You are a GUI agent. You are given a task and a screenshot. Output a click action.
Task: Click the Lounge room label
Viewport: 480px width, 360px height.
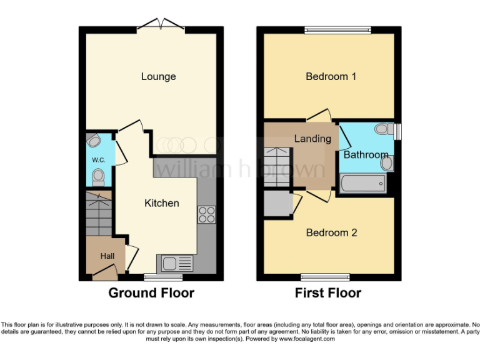coord(158,77)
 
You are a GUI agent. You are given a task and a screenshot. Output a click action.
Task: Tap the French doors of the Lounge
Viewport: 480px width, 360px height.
coord(161,25)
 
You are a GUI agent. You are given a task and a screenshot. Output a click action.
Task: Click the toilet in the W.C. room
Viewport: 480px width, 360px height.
coord(97,179)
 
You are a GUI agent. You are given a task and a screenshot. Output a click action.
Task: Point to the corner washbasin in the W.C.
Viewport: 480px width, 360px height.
coord(93,139)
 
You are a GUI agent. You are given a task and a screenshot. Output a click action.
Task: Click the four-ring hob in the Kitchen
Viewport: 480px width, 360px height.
coord(206,214)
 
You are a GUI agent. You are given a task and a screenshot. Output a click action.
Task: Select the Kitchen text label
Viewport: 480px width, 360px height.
coord(161,203)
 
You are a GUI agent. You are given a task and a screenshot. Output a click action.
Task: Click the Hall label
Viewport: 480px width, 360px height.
coord(107,256)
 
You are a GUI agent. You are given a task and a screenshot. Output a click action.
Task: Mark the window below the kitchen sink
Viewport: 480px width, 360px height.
coord(163,277)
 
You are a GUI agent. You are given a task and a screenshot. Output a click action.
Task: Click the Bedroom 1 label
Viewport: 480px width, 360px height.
coord(331,77)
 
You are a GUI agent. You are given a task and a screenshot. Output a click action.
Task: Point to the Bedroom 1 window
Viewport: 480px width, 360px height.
coord(337,29)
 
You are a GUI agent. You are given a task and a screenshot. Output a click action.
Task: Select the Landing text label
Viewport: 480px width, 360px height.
coord(312,139)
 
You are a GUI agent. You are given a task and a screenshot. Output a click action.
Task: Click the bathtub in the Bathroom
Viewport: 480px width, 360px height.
coord(362,184)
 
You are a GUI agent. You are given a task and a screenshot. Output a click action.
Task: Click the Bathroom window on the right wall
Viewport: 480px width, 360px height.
coord(398,130)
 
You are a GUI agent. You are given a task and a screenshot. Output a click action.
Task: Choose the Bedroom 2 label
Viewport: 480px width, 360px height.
coord(331,232)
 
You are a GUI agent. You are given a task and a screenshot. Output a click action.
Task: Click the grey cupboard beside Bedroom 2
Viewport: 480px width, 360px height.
coord(277,204)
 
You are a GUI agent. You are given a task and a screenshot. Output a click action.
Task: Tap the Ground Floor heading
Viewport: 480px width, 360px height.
coord(151,292)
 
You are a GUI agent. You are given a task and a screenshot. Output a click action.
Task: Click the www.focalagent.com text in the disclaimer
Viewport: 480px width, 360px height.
coord(307,339)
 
